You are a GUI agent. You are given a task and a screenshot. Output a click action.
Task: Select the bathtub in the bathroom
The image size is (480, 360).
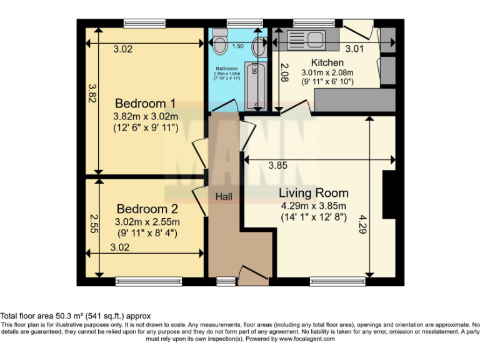click(x=256, y=86)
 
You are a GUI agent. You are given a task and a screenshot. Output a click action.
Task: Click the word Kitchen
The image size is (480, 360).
click(x=327, y=62)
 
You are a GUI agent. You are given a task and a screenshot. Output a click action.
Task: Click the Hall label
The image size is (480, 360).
click(x=224, y=197)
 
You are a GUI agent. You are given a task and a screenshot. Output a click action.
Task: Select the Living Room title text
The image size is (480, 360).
click(x=313, y=192)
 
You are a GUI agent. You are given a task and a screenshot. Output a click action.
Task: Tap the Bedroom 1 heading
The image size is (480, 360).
click(x=146, y=103)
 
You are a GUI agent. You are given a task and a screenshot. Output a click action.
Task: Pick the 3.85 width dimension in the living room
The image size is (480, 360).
click(x=277, y=166)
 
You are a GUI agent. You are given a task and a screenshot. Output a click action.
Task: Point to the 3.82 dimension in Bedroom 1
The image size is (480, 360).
click(x=91, y=94)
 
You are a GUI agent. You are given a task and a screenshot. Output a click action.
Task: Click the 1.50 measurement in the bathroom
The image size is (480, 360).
click(x=237, y=46)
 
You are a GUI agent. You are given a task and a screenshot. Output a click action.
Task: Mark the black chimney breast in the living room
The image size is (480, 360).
click(x=389, y=194)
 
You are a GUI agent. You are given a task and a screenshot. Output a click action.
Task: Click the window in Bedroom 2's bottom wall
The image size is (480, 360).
click(x=149, y=282)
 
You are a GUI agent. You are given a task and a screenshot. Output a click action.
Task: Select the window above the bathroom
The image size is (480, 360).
click(x=237, y=23)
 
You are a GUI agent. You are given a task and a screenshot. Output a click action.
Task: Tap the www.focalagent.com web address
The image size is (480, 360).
click(x=302, y=339)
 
